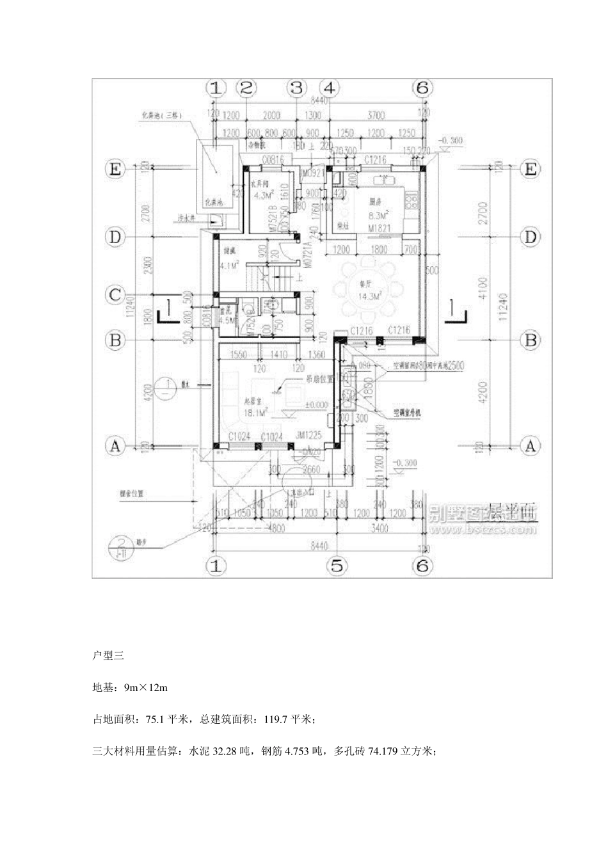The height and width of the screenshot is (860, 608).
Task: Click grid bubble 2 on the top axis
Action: [246, 88]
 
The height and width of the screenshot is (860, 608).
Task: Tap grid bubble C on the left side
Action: [115, 295]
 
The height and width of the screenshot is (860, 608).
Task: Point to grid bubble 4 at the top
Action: [330, 88]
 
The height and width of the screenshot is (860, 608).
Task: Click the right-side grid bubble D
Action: [530, 237]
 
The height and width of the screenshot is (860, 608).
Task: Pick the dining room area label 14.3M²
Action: [370, 296]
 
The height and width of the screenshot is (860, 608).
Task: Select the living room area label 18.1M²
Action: [237, 413]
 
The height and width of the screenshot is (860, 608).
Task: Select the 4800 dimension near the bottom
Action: [275, 529]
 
